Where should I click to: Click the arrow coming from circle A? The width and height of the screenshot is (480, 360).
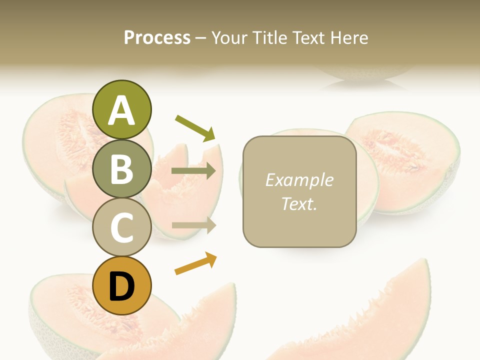195,127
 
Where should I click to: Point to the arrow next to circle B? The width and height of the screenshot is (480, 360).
193,171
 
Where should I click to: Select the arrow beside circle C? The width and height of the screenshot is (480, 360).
193,225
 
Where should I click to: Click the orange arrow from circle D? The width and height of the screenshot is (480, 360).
195,263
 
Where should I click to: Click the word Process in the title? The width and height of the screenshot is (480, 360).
157,37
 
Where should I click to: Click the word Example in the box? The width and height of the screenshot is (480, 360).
299,180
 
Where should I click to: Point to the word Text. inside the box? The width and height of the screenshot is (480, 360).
299,203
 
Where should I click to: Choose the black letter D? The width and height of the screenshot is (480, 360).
122,286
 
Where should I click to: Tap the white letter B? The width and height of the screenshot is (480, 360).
122,168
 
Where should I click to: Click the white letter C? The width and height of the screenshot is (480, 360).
122,227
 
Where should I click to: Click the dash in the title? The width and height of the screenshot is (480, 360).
200,38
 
